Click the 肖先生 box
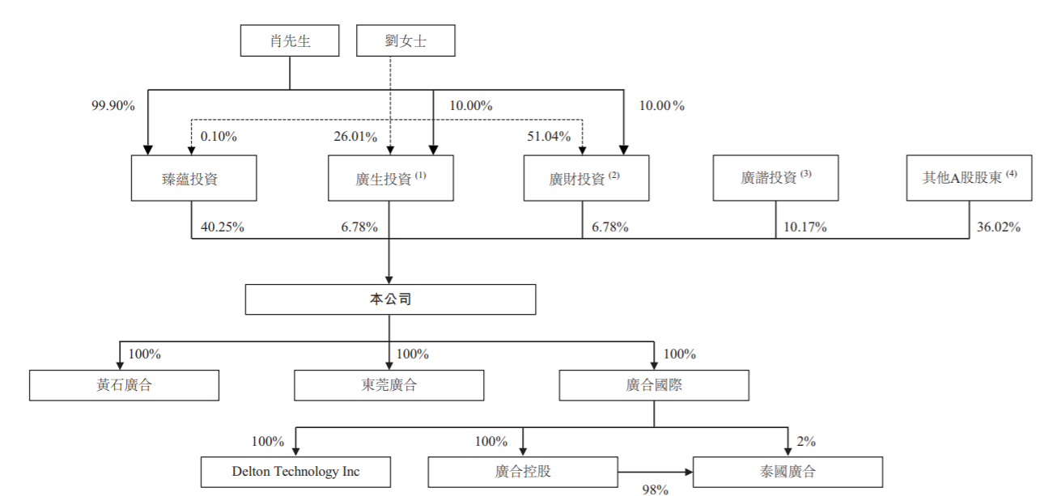click(x=290, y=40)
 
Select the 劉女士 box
click(x=405, y=40)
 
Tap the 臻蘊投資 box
click(x=194, y=178)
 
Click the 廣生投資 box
click(x=391, y=178)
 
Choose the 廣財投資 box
click(x=586, y=178)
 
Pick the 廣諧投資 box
click(x=776, y=178)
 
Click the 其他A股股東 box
click(x=970, y=178)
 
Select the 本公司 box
click(x=391, y=299)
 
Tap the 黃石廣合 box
click(x=124, y=385)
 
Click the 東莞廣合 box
click(x=389, y=385)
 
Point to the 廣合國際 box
click(x=654, y=385)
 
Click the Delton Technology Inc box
click(x=296, y=472)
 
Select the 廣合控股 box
click(x=523, y=472)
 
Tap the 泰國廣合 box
click(x=788, y=472)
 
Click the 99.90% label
click(x=113, y=105)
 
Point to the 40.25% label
click(x=223, y=227)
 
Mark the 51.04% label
click(x=549, y=137)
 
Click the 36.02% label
click(x=999, y=227)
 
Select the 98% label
click(x=655, y=490)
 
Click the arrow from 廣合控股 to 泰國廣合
click(x=656, y=472)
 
